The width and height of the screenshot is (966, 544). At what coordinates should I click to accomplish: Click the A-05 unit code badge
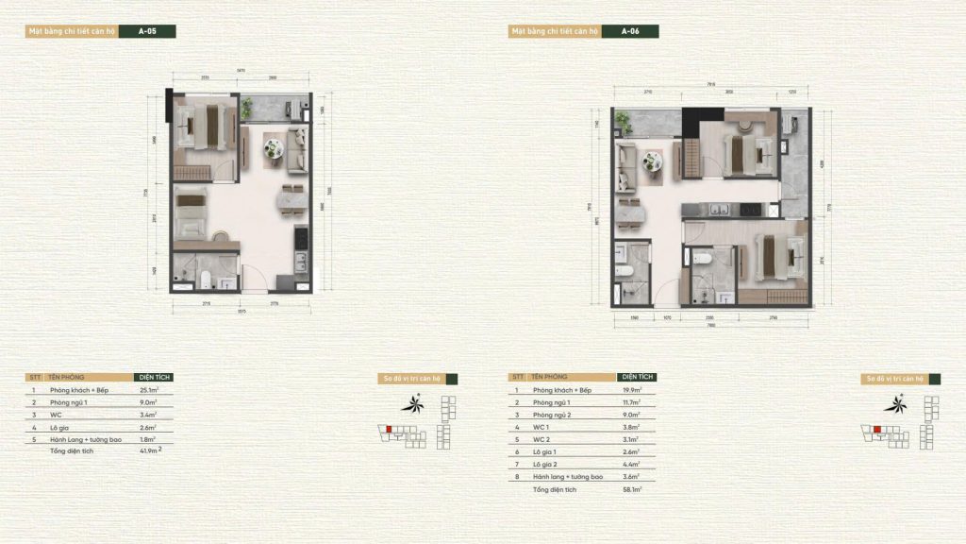tap(148, 31)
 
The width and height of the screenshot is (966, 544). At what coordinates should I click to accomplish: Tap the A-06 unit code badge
tap(631, 31)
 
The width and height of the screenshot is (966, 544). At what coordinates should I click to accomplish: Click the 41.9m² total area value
tap(149, 451)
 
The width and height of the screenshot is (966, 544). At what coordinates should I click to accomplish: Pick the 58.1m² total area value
tap(632, 490)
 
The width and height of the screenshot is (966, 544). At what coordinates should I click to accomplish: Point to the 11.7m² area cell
tap(631, 401)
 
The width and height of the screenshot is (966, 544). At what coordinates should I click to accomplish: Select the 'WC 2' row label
tap(542, 439)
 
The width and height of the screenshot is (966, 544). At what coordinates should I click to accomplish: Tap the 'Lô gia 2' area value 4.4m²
tap(631, 464)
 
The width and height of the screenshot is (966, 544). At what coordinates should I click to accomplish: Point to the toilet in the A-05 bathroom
tap(207, 278)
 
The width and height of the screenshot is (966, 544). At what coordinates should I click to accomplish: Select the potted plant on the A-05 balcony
tap(247, 105)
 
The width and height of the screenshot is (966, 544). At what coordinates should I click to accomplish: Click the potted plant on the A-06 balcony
tap(624, 119)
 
